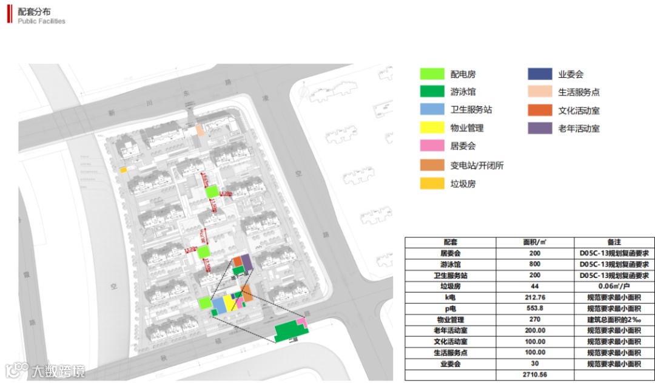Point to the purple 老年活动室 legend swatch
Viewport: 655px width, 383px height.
click(x=539, y=128)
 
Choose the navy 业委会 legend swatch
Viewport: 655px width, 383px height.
click(x=539, y=74)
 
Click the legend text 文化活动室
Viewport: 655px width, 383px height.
click(x=579, y=110)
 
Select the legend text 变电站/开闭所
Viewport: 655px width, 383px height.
click(x=477, y=165)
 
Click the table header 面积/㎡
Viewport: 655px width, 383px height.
click(x=535, y=242)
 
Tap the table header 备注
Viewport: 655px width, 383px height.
click(x=613, y=242)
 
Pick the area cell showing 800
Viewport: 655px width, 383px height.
click(x=535, y=265)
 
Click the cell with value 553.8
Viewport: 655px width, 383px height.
click(x=535, y=308)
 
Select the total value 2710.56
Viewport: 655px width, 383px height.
click(x=535, y=375)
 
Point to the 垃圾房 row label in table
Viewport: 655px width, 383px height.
click(x=450, y=286)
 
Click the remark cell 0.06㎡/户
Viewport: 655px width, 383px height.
click(x=613, y=286)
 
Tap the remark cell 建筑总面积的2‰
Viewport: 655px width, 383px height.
click(x=613, y=320)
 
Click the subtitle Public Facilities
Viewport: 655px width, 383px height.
click(x=41, y=21)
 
